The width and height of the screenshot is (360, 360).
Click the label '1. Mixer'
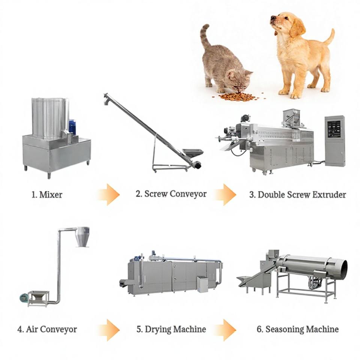[47, 195]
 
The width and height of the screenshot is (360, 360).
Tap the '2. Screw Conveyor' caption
[171, 194]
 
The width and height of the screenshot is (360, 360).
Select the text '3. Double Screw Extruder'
[298, 195]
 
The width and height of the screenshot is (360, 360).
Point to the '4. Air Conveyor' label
[47, 330]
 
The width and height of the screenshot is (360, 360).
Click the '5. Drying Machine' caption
[171, 329]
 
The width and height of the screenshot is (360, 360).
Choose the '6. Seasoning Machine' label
[298, 329]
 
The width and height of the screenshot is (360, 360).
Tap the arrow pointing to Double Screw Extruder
[226, 195]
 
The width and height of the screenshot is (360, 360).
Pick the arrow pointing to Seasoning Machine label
[226, 330]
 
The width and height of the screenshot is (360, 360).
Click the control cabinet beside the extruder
[334, 141]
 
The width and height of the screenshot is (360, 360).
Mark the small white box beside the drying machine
[202, 284]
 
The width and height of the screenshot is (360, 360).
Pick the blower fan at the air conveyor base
[24, 298]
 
